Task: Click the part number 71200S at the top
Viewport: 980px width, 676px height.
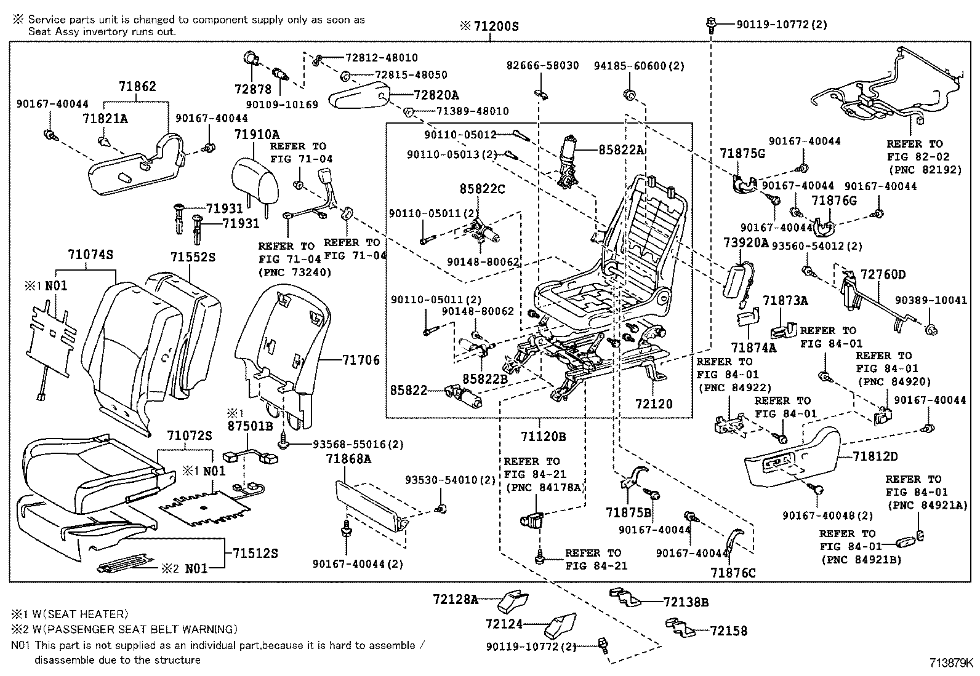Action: click(496, 26)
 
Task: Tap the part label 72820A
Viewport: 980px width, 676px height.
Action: click(436, 95)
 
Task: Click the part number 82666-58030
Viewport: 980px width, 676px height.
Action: click(542, 65)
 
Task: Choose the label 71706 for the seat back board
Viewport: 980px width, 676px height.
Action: click(361, 360)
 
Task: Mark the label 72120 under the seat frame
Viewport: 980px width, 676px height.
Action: click(654, 404)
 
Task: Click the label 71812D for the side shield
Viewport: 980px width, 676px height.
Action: click(875, 456)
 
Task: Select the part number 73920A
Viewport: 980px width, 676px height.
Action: click(747, 243)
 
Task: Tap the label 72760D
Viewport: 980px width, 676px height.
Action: click(883, 274)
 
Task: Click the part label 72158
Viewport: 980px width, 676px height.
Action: click(728, 630)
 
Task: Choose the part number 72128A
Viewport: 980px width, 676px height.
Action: click(455, 599)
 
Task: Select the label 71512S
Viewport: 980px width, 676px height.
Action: click(255, 554)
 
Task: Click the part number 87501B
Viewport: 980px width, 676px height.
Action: click(249, 425)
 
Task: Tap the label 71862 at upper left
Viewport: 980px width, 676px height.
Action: click(137, 87)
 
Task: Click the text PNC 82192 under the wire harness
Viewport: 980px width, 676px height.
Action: click(924, 170)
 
